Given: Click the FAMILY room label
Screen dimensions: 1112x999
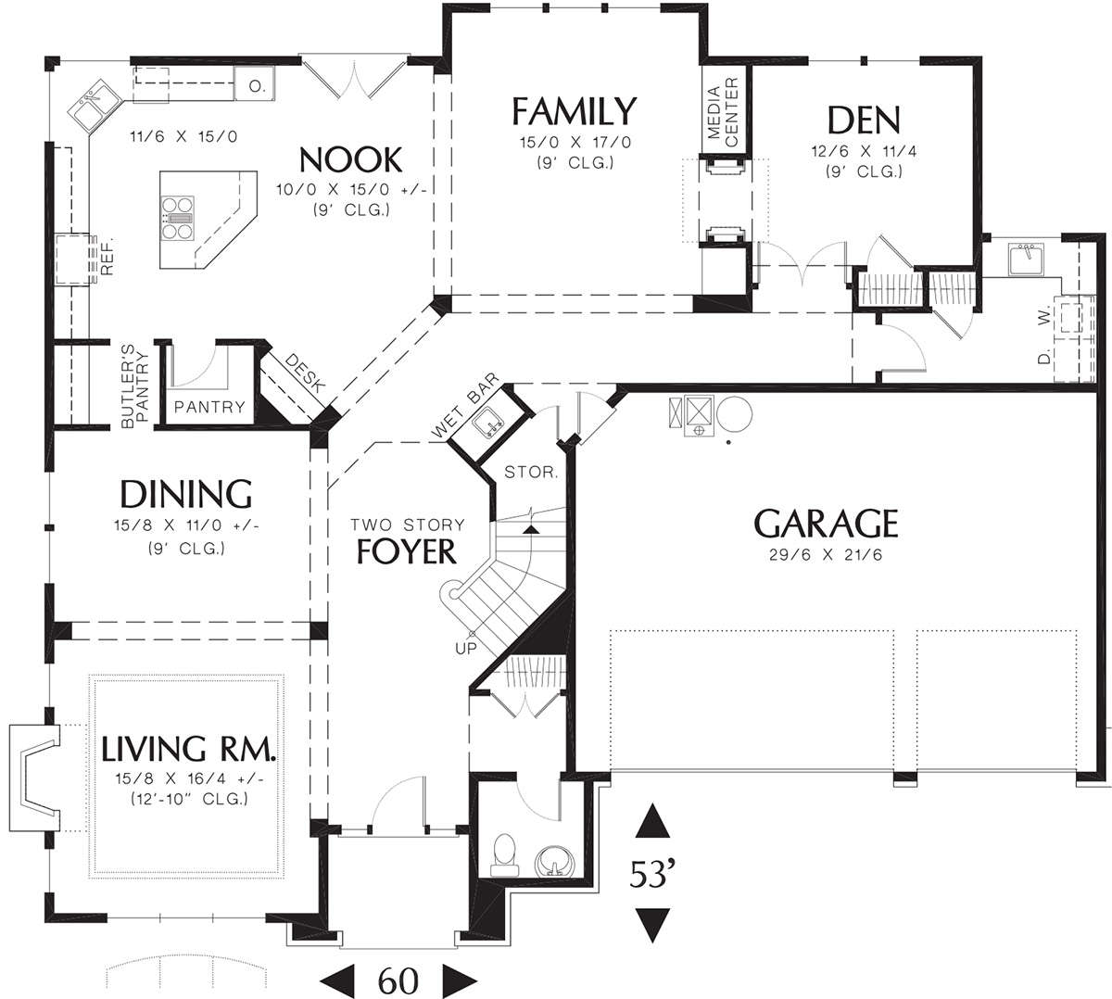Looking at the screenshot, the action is tap(575, 111).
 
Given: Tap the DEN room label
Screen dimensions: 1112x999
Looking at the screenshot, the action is tap(864, 120).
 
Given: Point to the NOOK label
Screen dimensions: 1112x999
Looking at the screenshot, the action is tap(350, 159).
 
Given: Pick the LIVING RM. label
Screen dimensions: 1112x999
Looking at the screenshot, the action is tap(188, 748).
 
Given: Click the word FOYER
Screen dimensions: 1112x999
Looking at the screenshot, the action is tap(406, 551).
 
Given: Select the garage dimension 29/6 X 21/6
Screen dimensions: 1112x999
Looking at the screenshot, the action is tap(826, 555).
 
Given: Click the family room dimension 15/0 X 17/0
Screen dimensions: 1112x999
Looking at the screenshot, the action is tap(575, 143).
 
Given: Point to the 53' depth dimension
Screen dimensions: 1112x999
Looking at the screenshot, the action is tap(651, 874).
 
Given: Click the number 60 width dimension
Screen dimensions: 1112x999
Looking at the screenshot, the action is tap(398, 980).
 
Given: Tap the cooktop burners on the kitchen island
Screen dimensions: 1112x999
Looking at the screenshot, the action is tap(178, 218).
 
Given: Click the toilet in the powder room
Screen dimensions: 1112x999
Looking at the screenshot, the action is tap(504, 854).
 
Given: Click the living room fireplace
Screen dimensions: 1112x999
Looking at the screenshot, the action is tap(34, 778).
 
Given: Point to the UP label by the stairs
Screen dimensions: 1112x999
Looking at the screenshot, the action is tap(466, 649).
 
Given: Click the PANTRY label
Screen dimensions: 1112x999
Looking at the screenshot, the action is tap(209, 407).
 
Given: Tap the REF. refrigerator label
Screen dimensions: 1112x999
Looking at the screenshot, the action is tap(107, 257).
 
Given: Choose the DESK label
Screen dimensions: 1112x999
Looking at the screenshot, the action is tap(305, 373).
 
